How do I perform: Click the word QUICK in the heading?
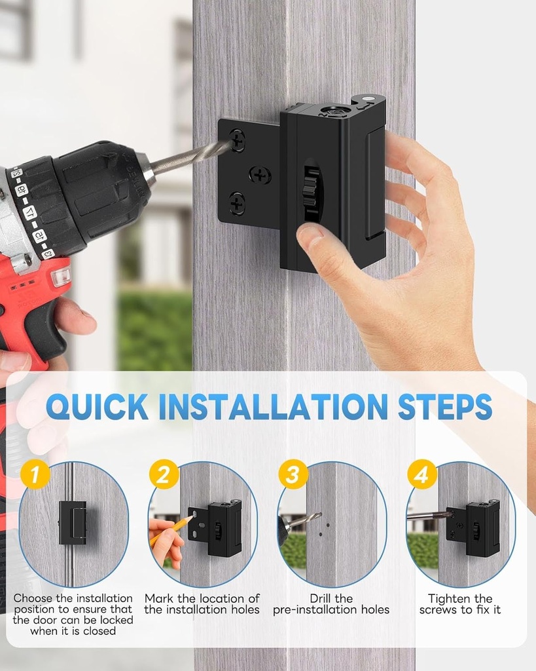point(97,407)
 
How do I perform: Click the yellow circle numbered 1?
point(34,474)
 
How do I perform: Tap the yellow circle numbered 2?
point(163,474)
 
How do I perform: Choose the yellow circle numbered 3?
point(292,474)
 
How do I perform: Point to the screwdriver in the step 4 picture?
point(429,516)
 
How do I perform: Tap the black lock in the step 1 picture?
point(72,522)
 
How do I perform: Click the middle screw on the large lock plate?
point(260,175)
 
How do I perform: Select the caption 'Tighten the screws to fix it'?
point(460,604)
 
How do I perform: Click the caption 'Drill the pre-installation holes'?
point(331,604)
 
